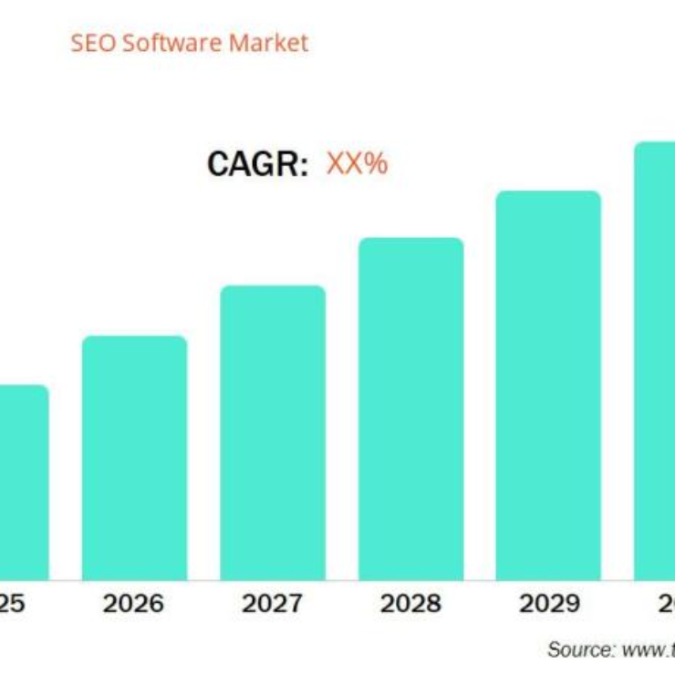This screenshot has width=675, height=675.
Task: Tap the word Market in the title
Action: click(x=268, y=43)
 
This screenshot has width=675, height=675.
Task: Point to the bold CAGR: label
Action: click(x=258, y=164)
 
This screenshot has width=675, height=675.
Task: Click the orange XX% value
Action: click(x=357, y=164)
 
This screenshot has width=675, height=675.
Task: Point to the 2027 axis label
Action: click(x=272, y=604)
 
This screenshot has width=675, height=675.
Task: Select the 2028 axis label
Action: click(x=410, y=604)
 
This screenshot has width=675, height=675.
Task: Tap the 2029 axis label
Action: click(x=548, y=604)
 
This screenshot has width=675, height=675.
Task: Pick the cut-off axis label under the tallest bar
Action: click(x=665, y=604)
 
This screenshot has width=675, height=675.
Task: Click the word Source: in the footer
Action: click(x=581, y=649)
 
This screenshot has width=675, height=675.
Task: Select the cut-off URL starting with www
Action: click(x=647, y=649)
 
